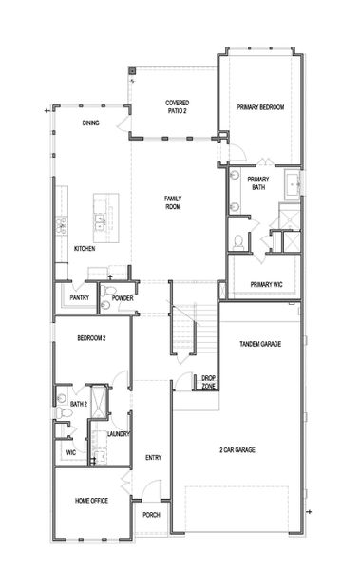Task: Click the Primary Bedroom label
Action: [x=260, y=108]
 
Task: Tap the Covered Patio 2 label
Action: [x=177, y=105]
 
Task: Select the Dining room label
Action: [x=90, y=123]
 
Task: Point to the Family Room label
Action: [x=173, y=202]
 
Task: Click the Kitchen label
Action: [x=85, y=249]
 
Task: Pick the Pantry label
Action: [x=79, y=298]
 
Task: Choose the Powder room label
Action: [x=122, y=298]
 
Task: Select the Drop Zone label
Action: [x=208, y=381]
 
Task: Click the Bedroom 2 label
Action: [x=91, y=338]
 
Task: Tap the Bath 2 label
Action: [x=79, y=405]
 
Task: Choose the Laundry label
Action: [x=119, y=434]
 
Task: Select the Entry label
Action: [x=153, y=458]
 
